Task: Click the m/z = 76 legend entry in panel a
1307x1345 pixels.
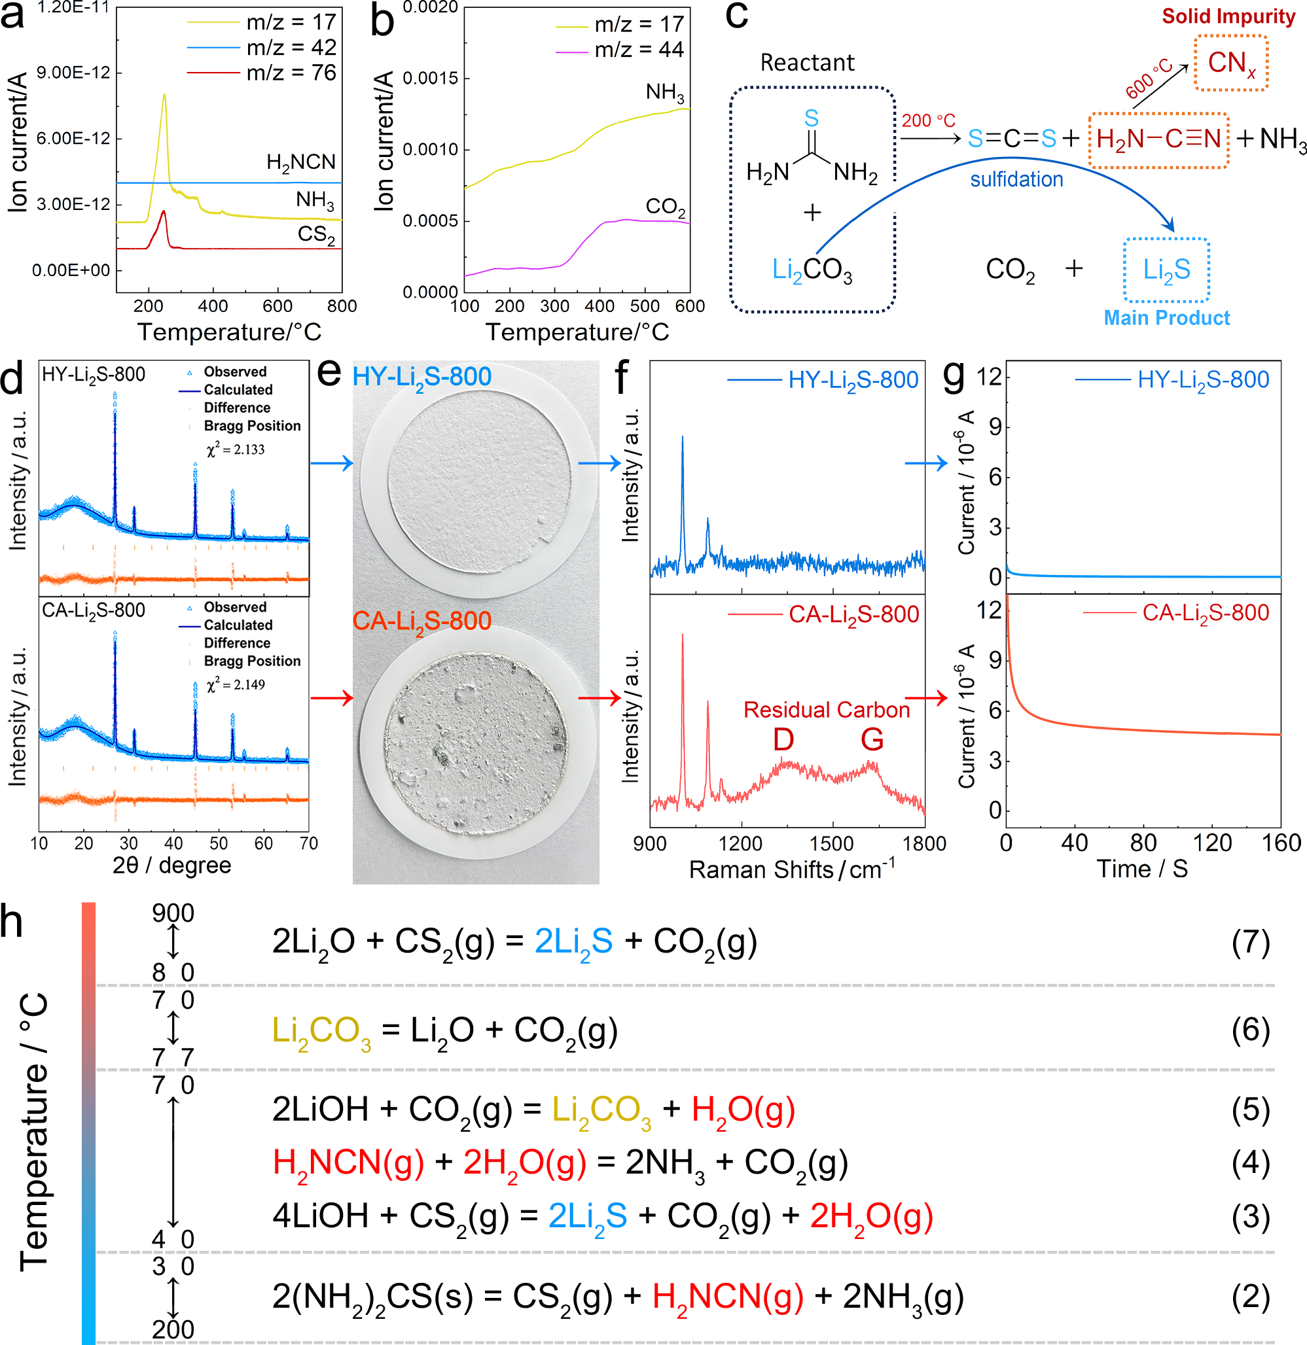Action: point(291,73)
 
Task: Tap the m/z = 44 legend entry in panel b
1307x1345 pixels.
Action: point(638,50)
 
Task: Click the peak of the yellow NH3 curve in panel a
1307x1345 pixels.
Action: point(164,96)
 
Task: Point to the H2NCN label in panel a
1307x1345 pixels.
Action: point(300,163)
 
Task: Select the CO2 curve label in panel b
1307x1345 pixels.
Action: point(664,207)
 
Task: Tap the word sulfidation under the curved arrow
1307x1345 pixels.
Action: point(1016,180)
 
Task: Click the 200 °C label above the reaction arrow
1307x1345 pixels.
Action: point(928,121)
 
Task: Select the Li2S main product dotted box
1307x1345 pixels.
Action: point(1166,270)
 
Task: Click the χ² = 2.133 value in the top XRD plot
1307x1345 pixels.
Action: point(236,449)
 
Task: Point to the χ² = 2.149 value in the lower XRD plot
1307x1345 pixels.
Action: point(236,685)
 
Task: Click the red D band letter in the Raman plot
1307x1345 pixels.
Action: point(783,740)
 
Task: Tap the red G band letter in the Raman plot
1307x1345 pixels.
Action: point(872,740)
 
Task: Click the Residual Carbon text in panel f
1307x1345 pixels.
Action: point(827,710)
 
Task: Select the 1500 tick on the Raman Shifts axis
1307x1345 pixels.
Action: point(833,843)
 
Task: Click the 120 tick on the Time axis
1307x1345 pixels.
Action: point(1212,843)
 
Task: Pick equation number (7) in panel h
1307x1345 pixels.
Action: point(1250,942)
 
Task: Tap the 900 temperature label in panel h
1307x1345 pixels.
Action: point(173,913)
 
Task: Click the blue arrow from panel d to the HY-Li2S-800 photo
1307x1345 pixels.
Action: point(332,464)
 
